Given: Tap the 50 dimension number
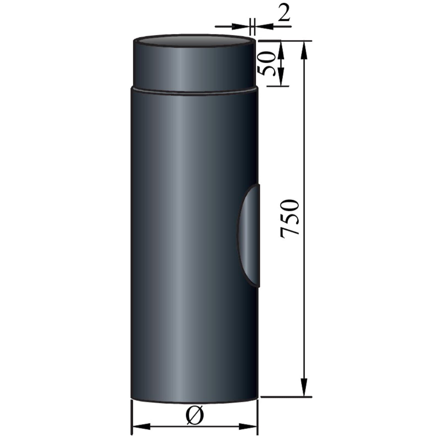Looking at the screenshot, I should click(267, 64).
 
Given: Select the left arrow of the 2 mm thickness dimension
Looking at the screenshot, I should click(240, 26).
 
